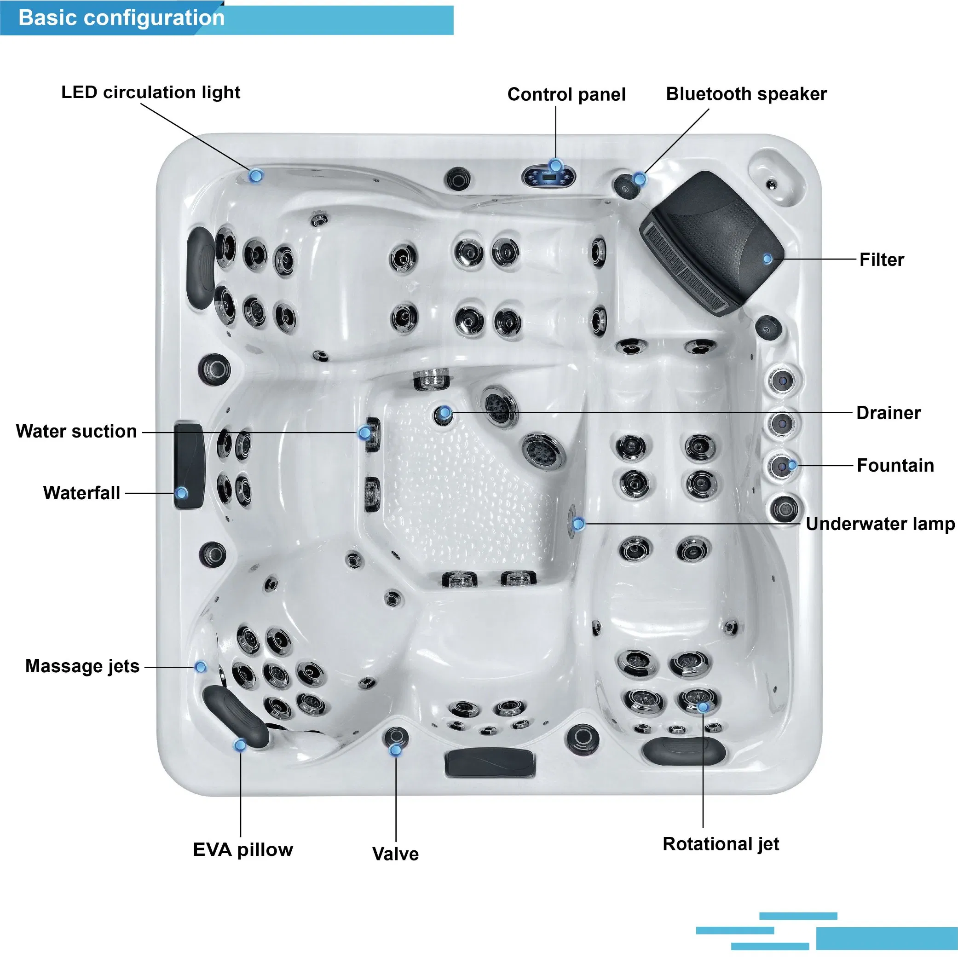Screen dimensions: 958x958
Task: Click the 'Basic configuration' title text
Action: (121, 18)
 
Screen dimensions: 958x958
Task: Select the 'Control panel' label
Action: (566, 95)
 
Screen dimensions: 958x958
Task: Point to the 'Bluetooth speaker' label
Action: (746, 94)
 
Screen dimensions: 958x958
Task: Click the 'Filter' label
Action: (881, 260)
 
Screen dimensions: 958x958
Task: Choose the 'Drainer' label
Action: (888, 413)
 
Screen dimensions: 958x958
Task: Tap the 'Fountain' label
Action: (895, 466)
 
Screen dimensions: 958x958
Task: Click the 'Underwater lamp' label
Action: (880, 524)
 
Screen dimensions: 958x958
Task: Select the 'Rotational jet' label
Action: (721, 844)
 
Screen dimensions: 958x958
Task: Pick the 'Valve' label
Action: (395, 854)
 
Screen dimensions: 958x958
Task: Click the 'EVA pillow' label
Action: (242, 850)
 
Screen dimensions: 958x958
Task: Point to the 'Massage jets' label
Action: (82, 666)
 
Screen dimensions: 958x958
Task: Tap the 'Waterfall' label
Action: (82, 493)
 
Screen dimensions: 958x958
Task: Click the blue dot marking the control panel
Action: (555, 165)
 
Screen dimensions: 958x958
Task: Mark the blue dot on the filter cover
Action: (767, 259)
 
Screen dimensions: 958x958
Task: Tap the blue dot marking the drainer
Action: (445, 413)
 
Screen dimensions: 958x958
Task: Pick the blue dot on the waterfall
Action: (181, 493)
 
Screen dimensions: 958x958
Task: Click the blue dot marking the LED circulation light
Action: (256, 175)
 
